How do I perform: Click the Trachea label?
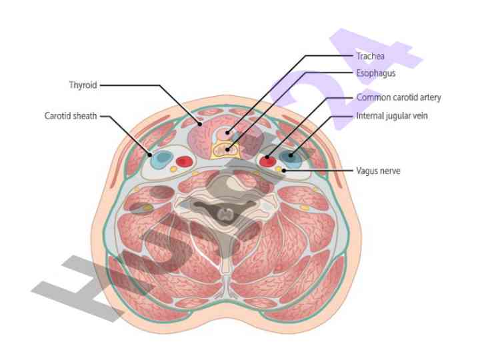pyautogui.click(x=371, y=56)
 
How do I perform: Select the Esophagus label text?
pyautogui.click(x=376, y=73)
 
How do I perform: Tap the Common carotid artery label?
pyautogui.click(x=399, y=98)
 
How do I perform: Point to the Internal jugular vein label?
pyautogui.click(x=392, y=116)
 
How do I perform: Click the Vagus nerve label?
pyautogui.click(x=378, y=171)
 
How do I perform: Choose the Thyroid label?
pyautogui.click(x=83, y=85)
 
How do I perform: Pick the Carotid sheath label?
pyautogui.click(x=71, y=115)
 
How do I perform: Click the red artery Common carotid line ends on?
pyautogui.click(x=267, y=161)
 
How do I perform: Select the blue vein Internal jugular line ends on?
pyautogui.click(x=291, y=158)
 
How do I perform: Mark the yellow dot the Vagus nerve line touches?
pyautogui.click(x=279, y=169)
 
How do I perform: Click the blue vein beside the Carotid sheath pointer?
pyautogui.click(x=160, y=160)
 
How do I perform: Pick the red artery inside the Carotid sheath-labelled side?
pyautogui.click(x=184, y=161)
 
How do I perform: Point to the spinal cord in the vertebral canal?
pyautogui.click(x=227, y=215)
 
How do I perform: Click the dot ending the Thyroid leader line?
pyautogui.click(x=199, y=123)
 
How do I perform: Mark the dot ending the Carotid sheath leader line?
pyautogui.click(x=151, y=151)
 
